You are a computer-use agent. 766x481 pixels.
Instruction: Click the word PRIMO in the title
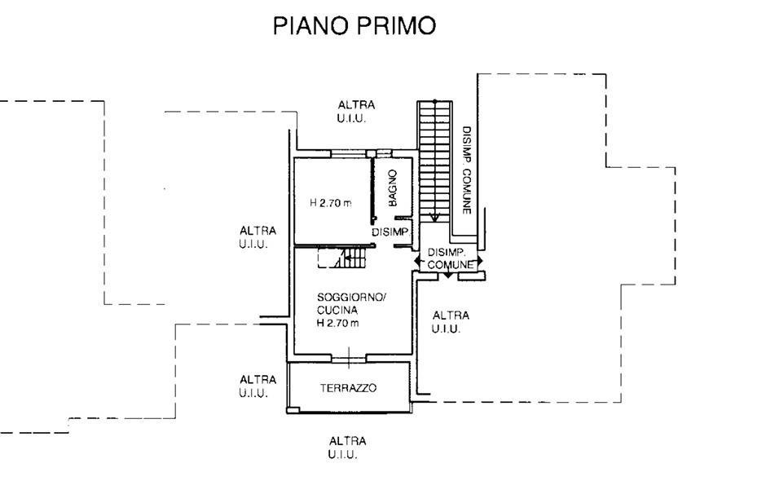(396, 25)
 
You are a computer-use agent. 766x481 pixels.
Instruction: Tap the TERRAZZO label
(348, 388)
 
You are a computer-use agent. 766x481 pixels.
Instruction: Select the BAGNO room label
(392, 188)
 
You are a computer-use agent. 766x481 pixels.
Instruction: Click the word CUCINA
(337, 310)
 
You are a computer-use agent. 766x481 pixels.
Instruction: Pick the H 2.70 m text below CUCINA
(337, 323)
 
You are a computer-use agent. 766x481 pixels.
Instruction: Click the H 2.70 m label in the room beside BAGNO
(331, 202)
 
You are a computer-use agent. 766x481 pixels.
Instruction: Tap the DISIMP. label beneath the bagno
(390, 232)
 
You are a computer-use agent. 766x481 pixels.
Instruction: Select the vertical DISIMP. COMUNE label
(467, 170)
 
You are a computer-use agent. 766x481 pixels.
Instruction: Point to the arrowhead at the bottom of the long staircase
(434, 218)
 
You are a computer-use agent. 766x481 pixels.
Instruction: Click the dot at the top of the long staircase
(434, 101)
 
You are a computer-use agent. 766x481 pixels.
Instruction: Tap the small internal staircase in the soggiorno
(342, 258)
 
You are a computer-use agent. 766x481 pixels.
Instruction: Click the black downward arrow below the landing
(448, 276)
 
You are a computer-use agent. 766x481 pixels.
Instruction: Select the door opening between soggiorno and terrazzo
(349, 360)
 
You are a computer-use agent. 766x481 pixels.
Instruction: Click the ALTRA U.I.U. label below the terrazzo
(347, 448)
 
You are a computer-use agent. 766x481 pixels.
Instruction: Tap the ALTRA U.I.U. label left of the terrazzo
(258, 386)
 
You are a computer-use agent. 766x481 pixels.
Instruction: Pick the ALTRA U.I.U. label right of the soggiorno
(451, 322)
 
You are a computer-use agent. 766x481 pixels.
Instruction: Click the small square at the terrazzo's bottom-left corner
(293, 410)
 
